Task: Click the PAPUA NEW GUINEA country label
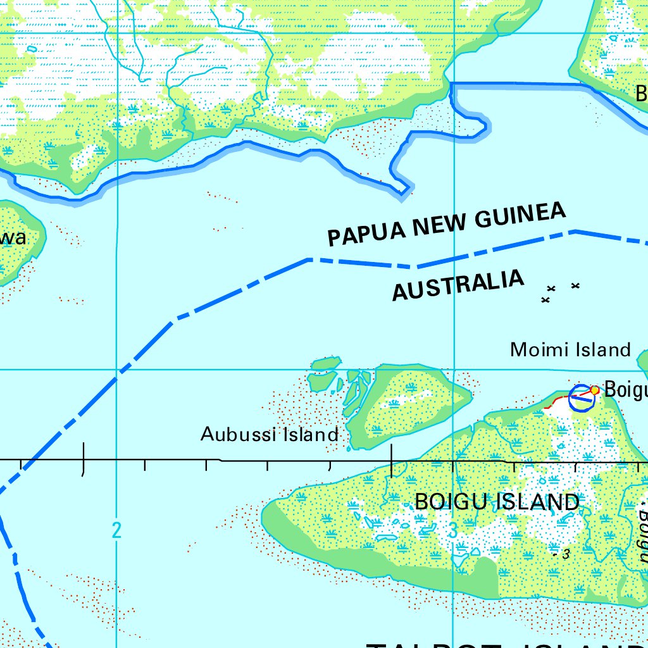click(445, 225)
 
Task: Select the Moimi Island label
click(570, 349)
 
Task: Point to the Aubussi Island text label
click(270, 434)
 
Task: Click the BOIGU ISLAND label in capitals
click(497, 502)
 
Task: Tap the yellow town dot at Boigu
click(595, 390)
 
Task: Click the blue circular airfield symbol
click(580, 397)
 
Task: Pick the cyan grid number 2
click(116, 530)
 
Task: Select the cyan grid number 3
click(452, 531)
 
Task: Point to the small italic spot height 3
click(566, 554)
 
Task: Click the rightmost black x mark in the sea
click(575, 286)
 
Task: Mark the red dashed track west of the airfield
click(558, 402)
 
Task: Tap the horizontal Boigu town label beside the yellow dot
click(625, 390)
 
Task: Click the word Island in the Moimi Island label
click(602, 349)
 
